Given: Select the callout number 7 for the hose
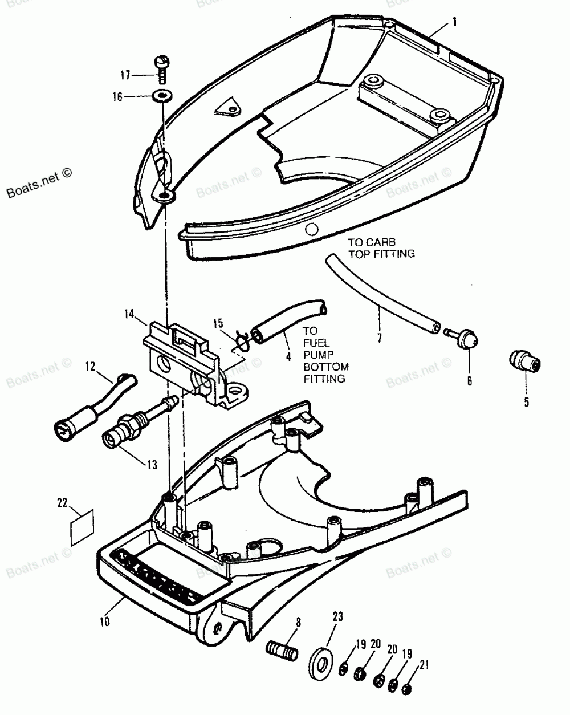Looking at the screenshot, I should click(379, 339).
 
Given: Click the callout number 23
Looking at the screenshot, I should click(338, 616).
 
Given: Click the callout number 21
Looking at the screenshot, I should click(422, 665).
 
